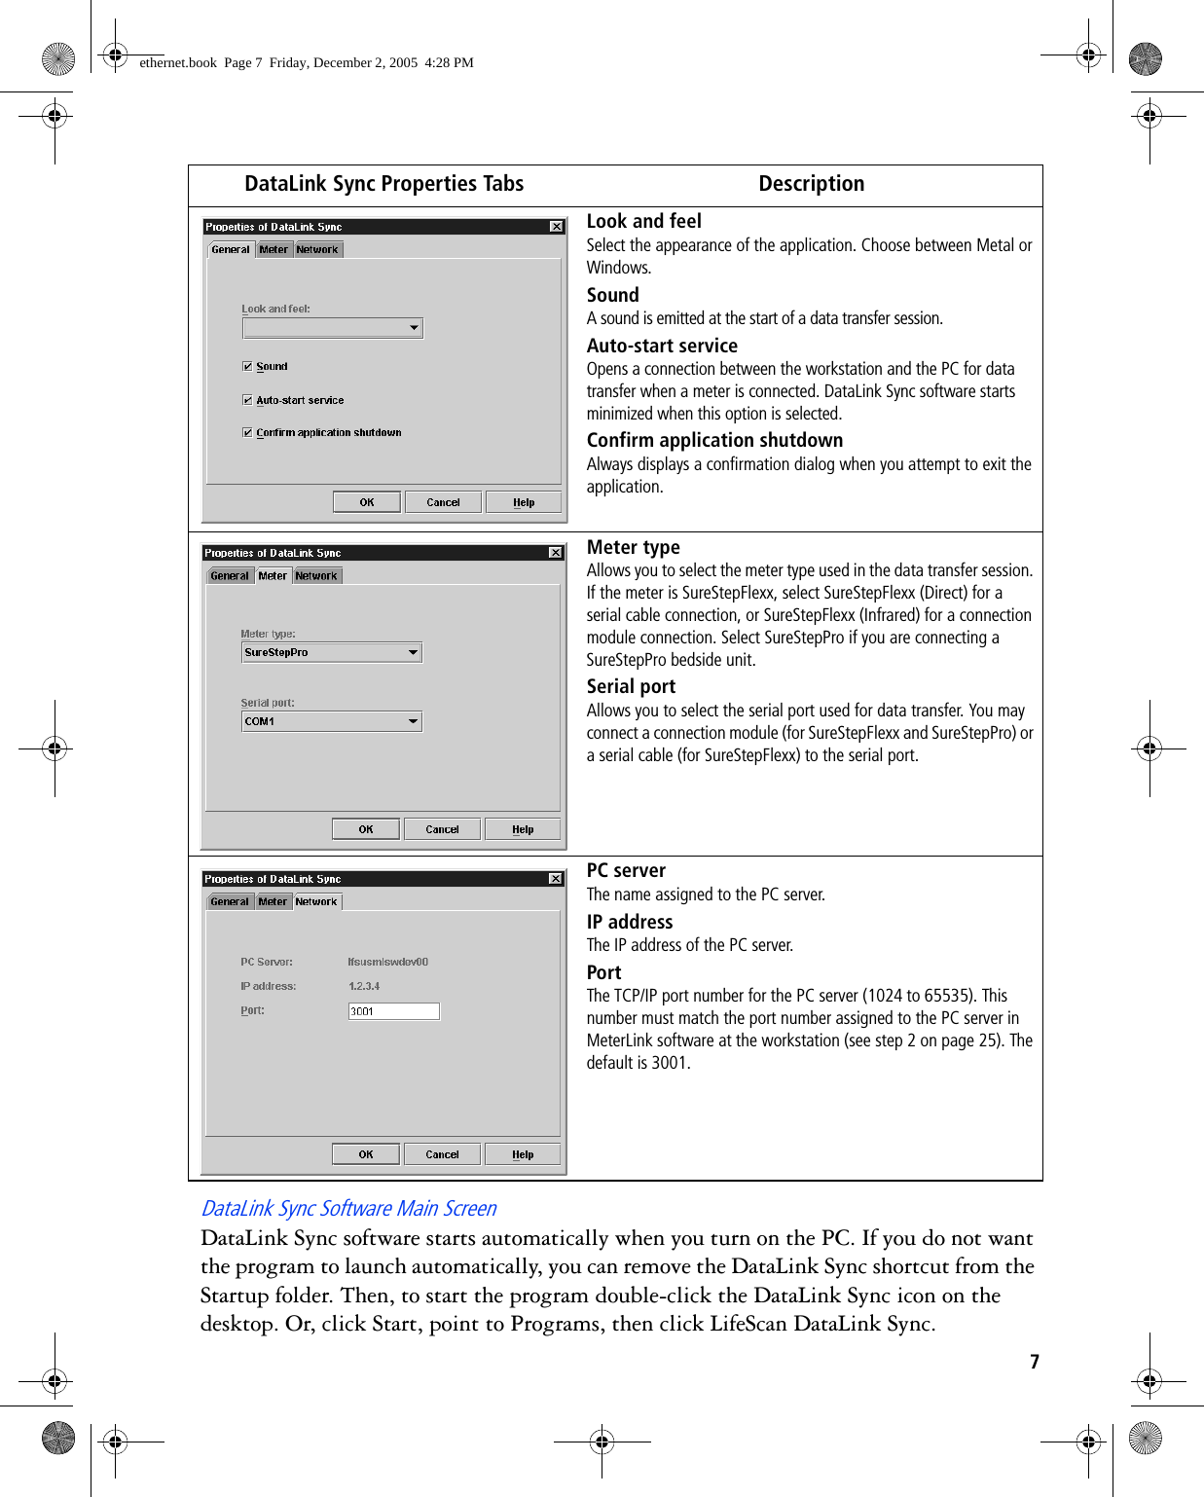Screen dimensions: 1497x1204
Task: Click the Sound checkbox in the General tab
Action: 247,367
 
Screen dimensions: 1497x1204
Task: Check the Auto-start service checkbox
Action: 247,400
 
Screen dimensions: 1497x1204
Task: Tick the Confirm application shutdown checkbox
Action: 247,432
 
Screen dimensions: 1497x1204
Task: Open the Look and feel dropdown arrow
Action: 414,328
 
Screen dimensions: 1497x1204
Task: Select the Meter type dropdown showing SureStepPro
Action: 331,653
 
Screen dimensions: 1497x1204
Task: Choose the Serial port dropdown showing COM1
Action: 331,721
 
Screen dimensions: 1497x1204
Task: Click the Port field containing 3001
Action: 393,1011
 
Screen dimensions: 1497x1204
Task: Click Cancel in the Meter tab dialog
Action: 442,829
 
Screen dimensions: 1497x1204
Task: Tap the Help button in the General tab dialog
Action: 524,502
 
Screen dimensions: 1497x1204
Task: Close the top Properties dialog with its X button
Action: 557,227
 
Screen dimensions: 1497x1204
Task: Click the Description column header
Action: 811,184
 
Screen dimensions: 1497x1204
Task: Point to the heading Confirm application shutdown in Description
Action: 714,440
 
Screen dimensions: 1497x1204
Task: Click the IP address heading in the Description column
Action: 630,922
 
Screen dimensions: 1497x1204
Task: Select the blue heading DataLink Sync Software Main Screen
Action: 348,1208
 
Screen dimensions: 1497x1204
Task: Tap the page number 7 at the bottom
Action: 1035,1362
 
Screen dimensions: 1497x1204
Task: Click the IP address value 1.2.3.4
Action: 364,986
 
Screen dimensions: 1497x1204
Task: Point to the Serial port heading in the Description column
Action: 631,686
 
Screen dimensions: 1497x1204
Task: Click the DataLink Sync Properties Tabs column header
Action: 383,184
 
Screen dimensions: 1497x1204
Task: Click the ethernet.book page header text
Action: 307,62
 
